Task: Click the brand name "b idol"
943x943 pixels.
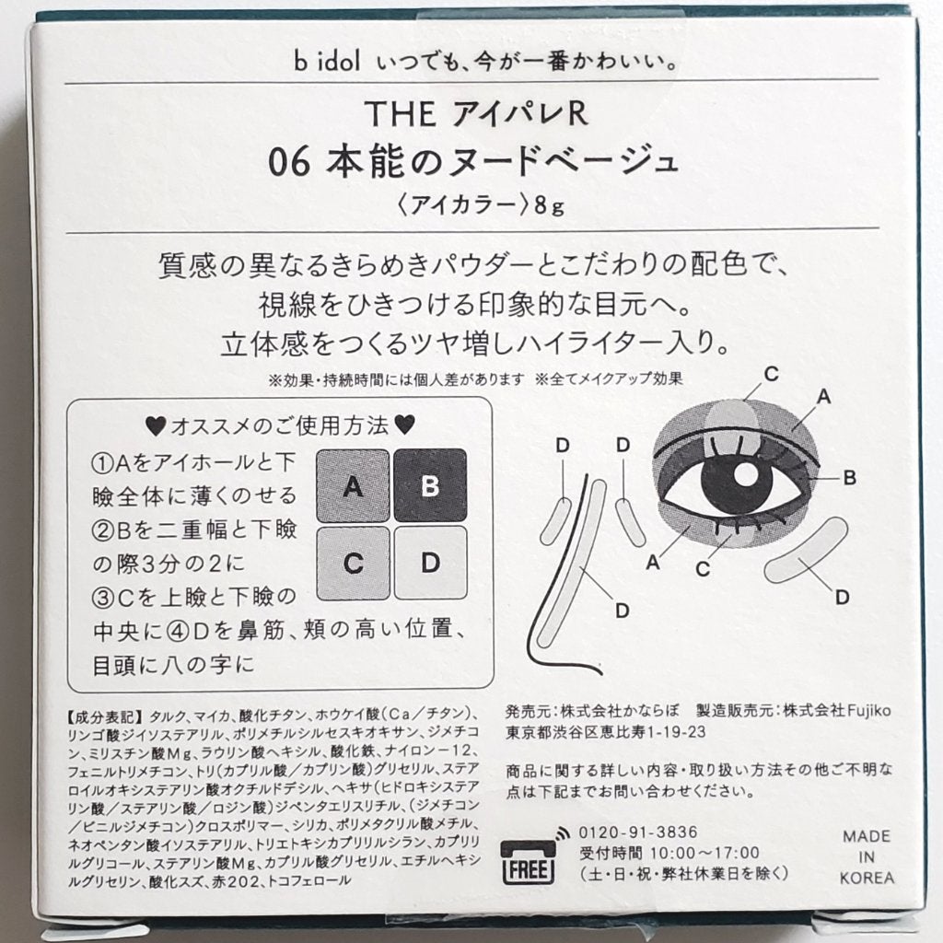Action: point(327,62)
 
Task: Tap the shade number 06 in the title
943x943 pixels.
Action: point(288,162)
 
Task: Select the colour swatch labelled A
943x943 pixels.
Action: point(353,486)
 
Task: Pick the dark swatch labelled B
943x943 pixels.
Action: point(430,485)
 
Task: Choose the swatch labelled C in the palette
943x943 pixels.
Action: point(353,564)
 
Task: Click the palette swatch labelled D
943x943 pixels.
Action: point(431,563)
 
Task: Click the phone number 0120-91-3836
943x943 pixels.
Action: point(637,832)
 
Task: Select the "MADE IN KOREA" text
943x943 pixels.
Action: point(867,857)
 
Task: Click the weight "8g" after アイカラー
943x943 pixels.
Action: point(549,205)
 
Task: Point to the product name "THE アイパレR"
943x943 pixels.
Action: point(475,113)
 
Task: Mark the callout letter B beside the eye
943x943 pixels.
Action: point(849,478)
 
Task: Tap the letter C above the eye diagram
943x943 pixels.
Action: point(771,374)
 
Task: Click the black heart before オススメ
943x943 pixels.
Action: point(156,426)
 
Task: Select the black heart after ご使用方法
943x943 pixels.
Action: point(405,425)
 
